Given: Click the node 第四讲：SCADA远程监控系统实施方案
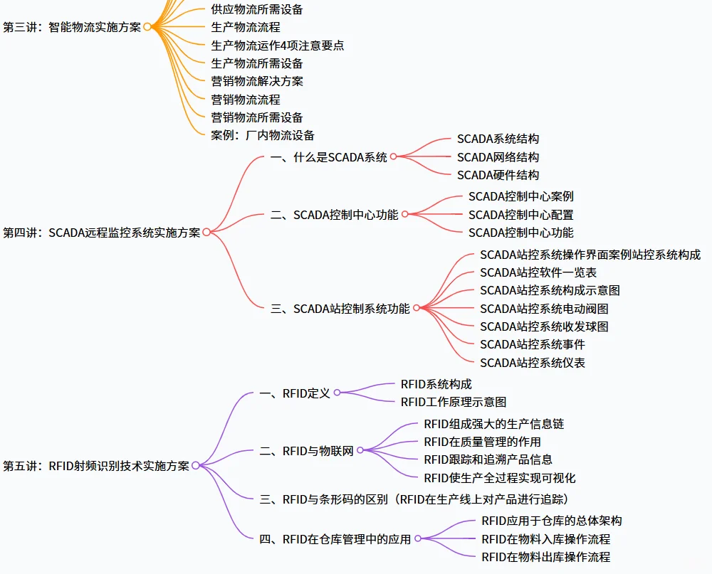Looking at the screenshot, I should click(102, 233).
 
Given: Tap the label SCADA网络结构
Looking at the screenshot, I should click(498, 157).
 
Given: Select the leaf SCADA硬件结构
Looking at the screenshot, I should click(498, 175).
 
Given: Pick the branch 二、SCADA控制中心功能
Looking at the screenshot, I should click(335, 214).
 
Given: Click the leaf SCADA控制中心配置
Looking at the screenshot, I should click(520, 214).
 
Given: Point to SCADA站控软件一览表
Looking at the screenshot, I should click(538, 272).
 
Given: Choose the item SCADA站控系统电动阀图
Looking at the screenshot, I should click(544, 309).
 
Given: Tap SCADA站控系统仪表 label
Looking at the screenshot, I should click(533, 363).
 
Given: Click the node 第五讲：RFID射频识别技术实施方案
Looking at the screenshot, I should click(96, 466).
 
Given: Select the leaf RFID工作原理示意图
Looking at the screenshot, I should click(454, 402).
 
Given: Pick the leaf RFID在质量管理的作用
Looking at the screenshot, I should click(482, 442).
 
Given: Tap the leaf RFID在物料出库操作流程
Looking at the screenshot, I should click(545, 557).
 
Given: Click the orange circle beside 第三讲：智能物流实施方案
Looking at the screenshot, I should click(147, 27).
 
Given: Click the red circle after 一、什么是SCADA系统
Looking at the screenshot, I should click(393, 157).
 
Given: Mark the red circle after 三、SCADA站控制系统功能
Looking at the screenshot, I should click(416, 309).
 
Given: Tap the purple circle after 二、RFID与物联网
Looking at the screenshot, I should click(360, 451).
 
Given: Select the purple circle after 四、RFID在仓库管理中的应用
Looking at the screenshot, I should click(417, 539).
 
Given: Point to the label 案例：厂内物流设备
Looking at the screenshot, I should click(263, 135).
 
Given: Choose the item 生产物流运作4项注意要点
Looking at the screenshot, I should click(278, 46).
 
